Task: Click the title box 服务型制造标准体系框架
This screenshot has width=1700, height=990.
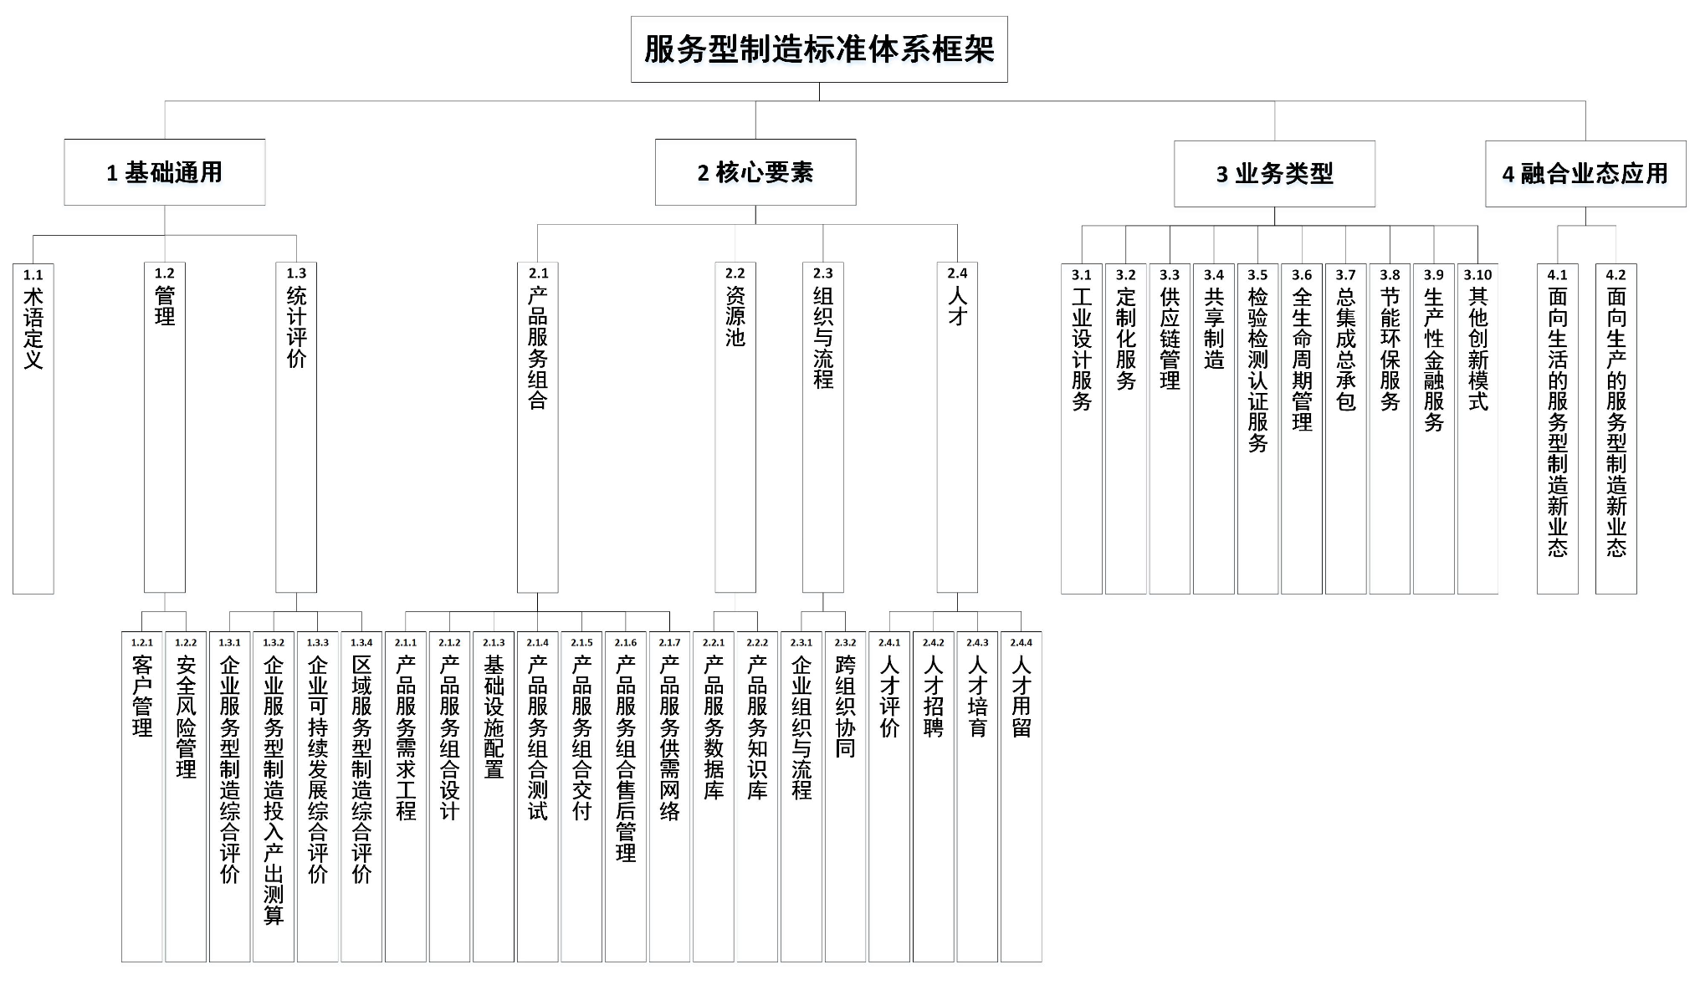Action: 818,49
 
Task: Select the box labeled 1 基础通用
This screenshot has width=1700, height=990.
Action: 165,172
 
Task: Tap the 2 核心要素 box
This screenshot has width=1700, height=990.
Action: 755,172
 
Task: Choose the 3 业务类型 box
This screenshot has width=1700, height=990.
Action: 1274,174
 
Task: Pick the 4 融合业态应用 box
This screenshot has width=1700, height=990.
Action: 1585,174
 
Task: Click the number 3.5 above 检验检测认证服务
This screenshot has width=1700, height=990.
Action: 1257,275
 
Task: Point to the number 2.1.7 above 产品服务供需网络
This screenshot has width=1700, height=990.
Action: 669,643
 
